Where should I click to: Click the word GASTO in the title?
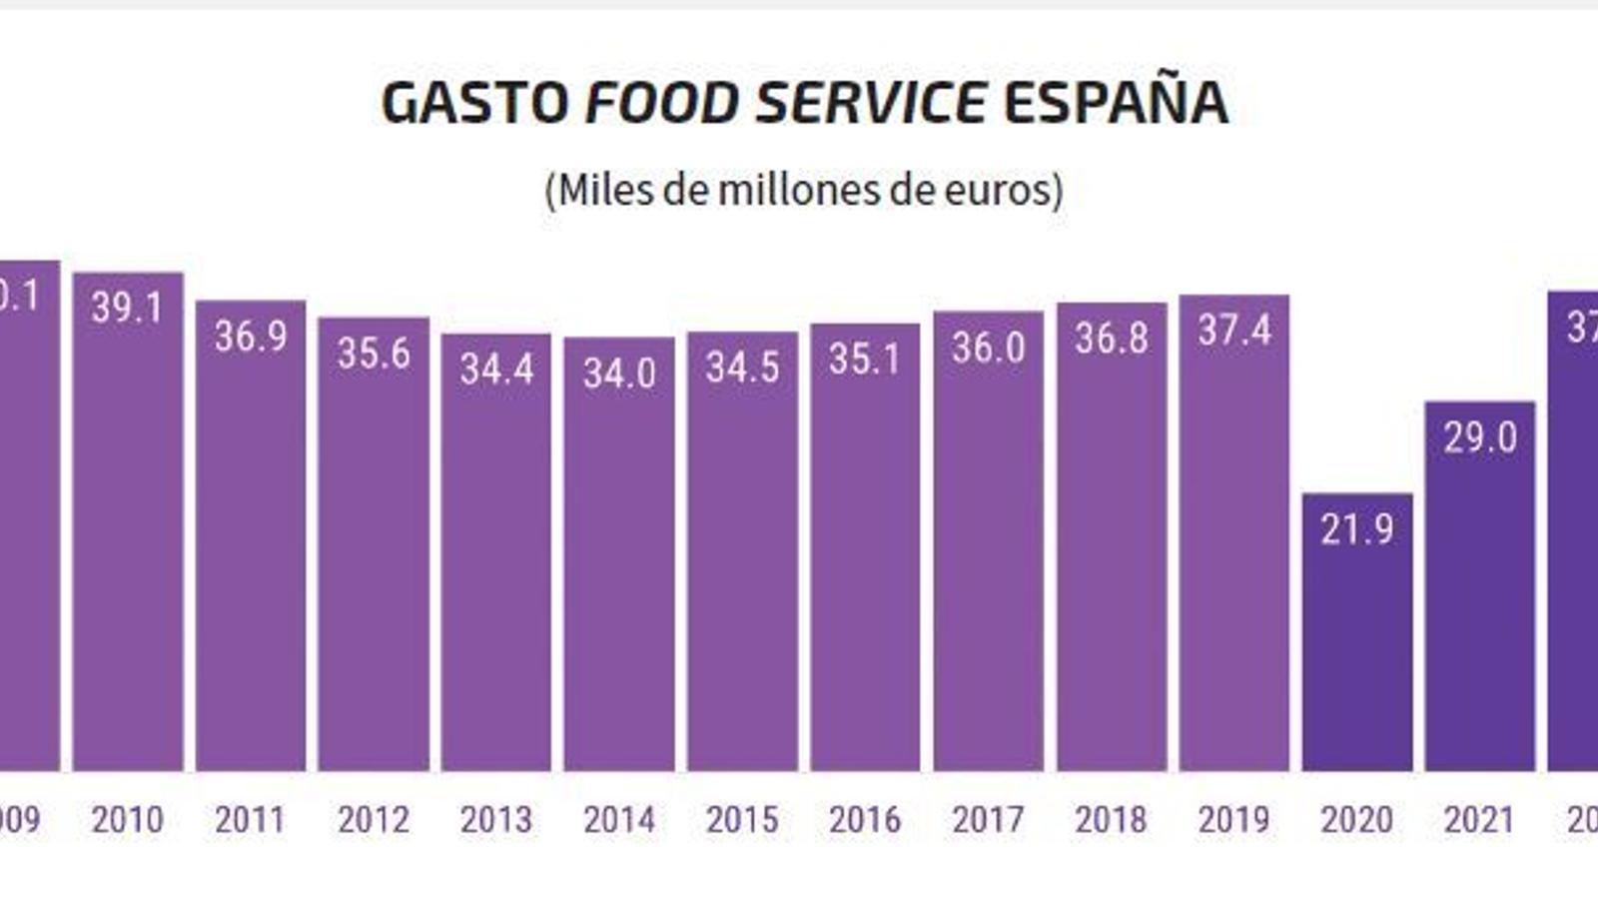click(x=475, y=103)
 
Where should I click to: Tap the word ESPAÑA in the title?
click(x=1116, y=103)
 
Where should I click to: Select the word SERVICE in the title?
click(x=872, y=103)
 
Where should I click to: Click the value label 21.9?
click(x=1357, y=528)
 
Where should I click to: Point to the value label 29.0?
click(x=1479, y=438)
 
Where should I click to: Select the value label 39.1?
click(x=127, y=308)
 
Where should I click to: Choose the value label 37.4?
click(x=1234, y=330)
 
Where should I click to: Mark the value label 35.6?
click(x=374, y=354)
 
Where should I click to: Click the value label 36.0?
click(x=988, y=348)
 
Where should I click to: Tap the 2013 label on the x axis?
click(x=496, y=820)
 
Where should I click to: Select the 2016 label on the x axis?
click(x=865, y=820)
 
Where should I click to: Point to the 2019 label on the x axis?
click(x=1233, y=820)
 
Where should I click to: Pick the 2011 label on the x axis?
click(x=251, y=820)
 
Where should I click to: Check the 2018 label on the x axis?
click(x=1111, y=820)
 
